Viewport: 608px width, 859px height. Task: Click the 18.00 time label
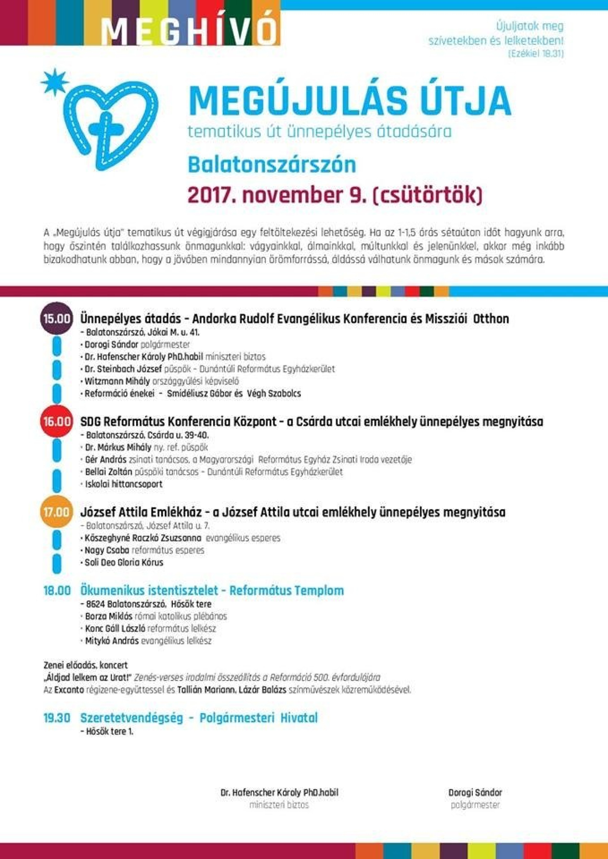click(57, 590)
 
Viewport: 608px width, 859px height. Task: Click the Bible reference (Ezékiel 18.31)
click(536, 54)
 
